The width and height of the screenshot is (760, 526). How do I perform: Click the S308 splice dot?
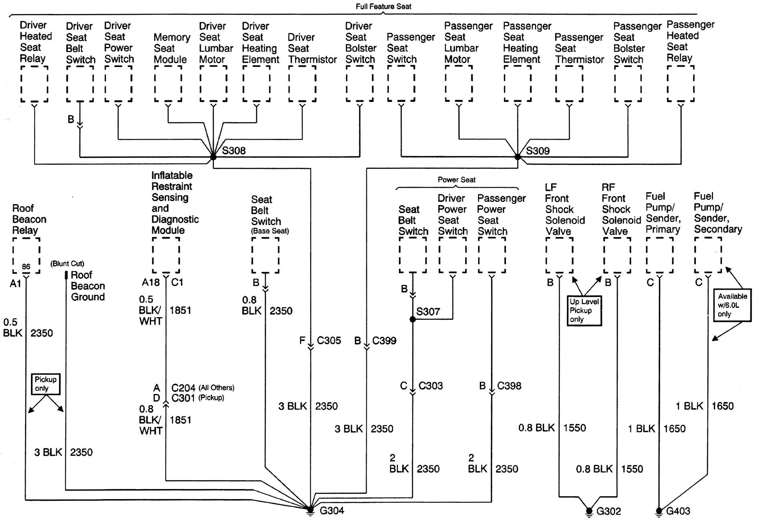213,157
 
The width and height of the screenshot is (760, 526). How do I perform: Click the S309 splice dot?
517,157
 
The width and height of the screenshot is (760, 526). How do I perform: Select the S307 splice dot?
412,319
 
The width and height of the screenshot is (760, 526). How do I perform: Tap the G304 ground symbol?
310,509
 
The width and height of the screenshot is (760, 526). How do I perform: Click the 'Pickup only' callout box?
46,384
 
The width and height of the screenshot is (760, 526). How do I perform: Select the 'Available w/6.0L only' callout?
732,305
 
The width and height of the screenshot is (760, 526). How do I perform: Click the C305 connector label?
329,341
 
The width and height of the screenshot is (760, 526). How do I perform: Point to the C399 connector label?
384,341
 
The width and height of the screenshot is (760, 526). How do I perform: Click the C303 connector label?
431,386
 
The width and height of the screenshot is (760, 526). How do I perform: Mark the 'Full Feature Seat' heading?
384,6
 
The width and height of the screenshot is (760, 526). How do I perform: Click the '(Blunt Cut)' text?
67,264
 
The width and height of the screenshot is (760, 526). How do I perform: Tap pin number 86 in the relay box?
26,267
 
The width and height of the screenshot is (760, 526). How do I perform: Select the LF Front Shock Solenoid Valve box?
560,256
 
